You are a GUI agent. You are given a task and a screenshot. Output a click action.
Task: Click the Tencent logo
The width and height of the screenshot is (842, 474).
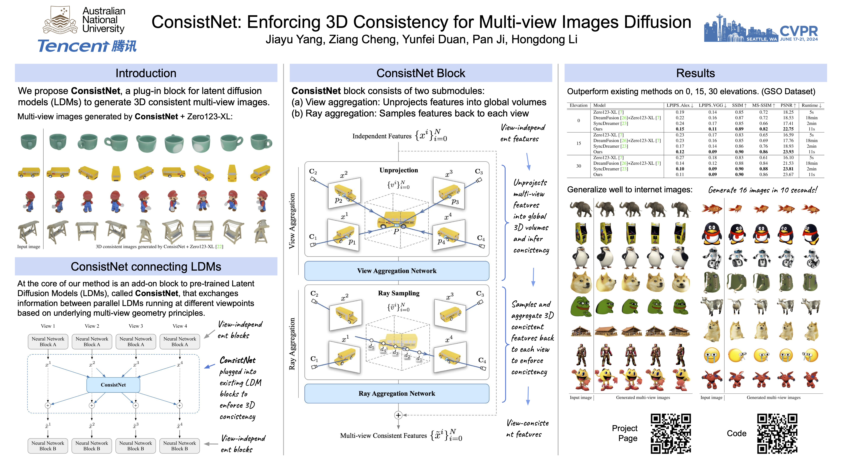coord(87,46)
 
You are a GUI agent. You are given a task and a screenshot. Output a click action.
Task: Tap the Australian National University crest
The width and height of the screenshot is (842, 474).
coord(60,20)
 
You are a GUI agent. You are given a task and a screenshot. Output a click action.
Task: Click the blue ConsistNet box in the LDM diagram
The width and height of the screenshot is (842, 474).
coord(113,385)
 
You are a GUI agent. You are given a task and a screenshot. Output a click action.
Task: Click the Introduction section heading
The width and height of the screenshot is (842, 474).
coord(146,73)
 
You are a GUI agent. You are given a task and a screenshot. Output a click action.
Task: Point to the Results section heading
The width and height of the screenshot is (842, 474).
coord(695,73)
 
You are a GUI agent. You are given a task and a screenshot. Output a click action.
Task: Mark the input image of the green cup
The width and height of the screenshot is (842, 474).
coord(29,142)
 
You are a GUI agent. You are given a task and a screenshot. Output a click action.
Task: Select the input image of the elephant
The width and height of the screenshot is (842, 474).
coord(580,209)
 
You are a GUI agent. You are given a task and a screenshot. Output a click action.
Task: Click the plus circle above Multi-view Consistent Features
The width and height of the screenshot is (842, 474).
coord(398,415)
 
